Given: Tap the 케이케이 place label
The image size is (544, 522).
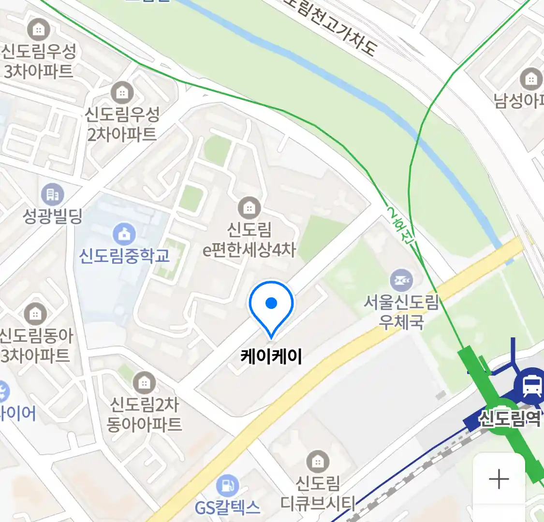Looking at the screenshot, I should tap(271, 357).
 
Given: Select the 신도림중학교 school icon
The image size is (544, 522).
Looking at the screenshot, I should tap(125, 234).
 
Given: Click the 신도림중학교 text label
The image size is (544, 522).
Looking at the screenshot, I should tap(125, 256).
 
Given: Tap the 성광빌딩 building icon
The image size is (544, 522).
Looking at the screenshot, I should tap(53, 194).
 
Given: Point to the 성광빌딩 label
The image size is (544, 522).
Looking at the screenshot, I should tap(53, 216).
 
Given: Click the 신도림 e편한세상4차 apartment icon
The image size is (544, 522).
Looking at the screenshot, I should tap(249, 208).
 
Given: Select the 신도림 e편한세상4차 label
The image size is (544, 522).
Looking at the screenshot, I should tap(249, 240).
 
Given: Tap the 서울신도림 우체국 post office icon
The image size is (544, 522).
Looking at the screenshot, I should tap(401, 279).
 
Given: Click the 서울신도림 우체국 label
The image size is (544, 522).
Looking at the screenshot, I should tap(401, 312).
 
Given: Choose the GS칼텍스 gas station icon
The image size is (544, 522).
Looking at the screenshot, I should tap(227, 485).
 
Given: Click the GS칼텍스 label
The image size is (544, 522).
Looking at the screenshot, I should tap(227, 507).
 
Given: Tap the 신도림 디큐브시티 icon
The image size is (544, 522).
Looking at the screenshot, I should tap(318, 462).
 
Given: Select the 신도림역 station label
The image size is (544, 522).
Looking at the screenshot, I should tap(509, 418).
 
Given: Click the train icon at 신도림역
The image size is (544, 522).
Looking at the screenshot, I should tap(532, 385).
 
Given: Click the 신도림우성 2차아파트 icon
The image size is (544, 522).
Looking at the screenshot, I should tap(122, 92).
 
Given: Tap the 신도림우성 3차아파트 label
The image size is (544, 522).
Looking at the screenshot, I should tap(39, 61).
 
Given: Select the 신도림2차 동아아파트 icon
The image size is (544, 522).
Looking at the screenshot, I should tap(144, 383).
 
